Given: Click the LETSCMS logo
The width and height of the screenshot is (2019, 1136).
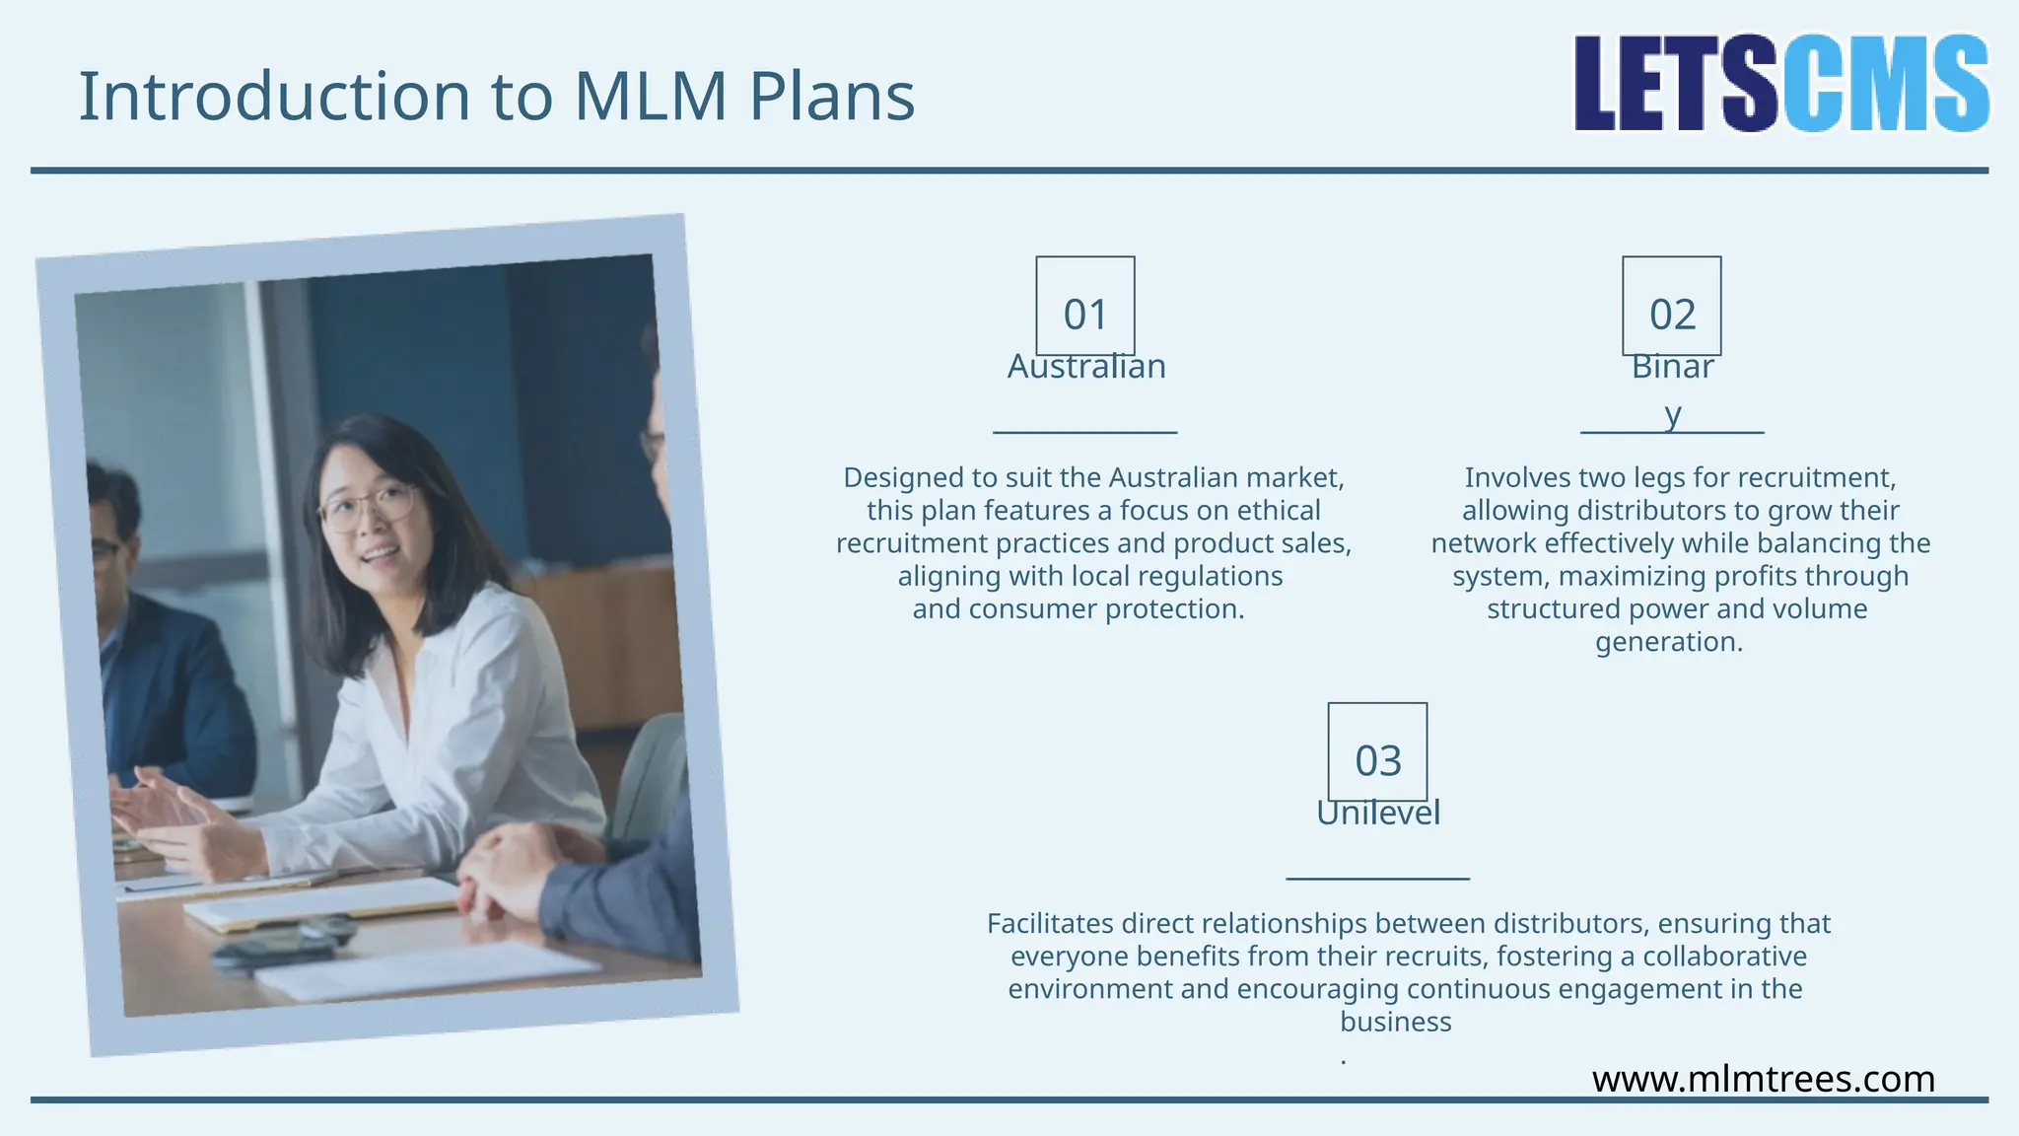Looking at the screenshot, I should pyautogui.click(x=1780, y=84).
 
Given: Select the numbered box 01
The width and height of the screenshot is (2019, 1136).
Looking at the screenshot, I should pyautogui.click(x=1084, y=306).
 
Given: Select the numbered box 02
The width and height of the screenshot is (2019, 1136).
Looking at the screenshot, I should pyautogui.click(x=1672, y=306).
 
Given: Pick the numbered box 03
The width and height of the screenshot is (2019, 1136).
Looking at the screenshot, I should pyautogui.click(x=1377, y=751).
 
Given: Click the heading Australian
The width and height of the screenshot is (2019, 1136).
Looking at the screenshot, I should pyautogui.click(x=1086, y=367).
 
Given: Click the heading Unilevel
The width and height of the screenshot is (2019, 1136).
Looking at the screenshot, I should pyautogui.click(x=1378, y=813).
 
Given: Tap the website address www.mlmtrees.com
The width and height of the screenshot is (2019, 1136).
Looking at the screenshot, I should pyautogui.click(x=1764, y=1079).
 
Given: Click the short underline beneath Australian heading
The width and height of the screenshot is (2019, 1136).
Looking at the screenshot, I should pyautogui.click(x=1084, y=432).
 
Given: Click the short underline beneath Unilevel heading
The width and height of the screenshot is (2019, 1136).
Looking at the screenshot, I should pyautogui.click(x=1377, y=878).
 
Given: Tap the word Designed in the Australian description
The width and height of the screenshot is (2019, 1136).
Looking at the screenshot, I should pyautogui.click(x=903, y=478).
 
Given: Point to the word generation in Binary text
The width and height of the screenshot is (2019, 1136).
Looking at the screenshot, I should pyautogui.click(x=1668, y=642).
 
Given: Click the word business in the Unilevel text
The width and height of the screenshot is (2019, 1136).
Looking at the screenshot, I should pyautogui.click(x=1395, y=1022).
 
